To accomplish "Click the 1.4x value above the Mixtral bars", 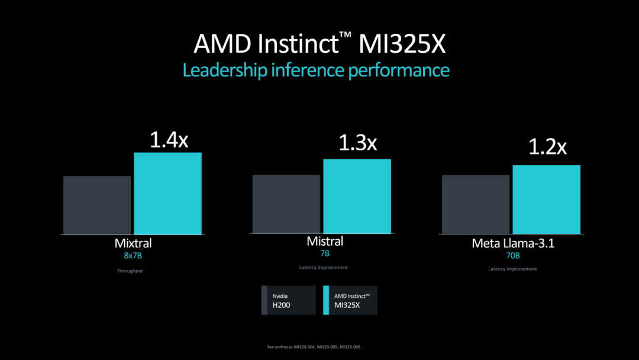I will click(169, 140).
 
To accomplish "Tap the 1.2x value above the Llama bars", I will click(547, 147).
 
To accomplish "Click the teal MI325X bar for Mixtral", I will click(168, 193).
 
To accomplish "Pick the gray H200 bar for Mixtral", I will click(97, 205).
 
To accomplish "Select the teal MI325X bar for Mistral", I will click(357, 196).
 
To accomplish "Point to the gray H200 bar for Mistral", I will click(286, 204).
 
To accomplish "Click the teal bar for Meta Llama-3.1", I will click(546, 199).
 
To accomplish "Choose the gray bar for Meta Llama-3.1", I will click(476, 204).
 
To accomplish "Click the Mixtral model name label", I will click(133, 243).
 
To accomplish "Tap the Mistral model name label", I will click(325, 242).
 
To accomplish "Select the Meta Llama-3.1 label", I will click(513, 243).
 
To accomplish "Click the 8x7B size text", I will click(133, 256).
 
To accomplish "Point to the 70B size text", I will click(512, 256).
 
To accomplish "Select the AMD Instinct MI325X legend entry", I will click(350, 300).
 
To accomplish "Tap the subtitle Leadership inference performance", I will click(316, 70).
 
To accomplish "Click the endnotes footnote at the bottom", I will click(319, 347).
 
